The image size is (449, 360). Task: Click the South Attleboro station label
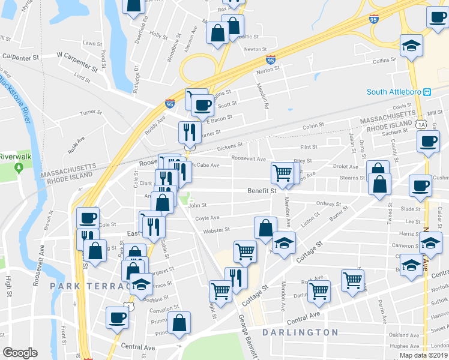[x=394, y=92]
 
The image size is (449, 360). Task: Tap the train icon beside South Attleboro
[x=427, y=92]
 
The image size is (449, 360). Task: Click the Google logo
[x=20, y=353]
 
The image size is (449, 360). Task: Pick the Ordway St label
[x=328, y=203]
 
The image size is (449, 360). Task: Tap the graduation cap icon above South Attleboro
[x=412, y=46]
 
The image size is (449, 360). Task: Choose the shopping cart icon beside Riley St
[x=282, y=173]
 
